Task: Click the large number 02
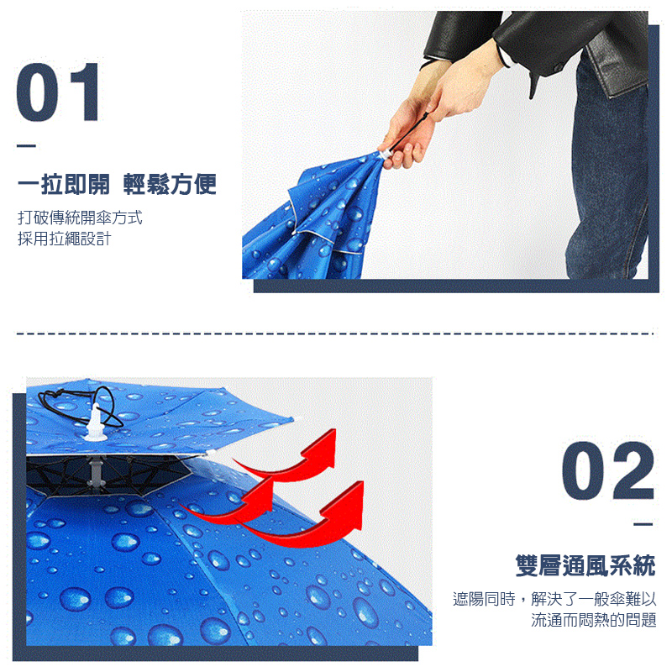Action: click(607, 471)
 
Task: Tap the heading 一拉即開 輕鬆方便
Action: click(117, 184)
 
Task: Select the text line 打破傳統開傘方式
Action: click(80, 218)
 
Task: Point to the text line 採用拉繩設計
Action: click(64, 239)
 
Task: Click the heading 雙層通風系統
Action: click(585, 565)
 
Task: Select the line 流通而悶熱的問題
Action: click(594, 621)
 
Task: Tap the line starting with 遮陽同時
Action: click(554, 599)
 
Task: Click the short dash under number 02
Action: click(643, 525)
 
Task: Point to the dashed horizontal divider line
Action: click(336, 333)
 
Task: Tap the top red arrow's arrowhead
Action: click(323, 445)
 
